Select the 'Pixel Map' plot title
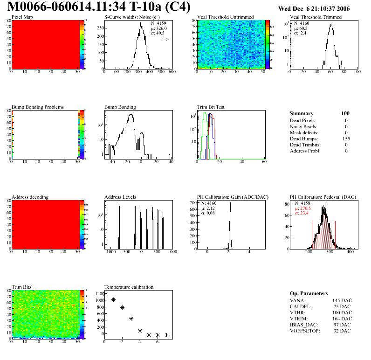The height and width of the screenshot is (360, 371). click(x=22, y=17)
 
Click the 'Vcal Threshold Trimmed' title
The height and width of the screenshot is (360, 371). click(x=316, y=17)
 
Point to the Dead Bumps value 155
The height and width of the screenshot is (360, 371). click(x=346, y=138)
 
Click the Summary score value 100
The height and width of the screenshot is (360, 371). click(x=345, y=113)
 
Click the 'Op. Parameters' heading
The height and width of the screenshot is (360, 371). click(x=309, y=293)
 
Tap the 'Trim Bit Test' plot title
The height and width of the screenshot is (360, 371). click(x=211, y=107)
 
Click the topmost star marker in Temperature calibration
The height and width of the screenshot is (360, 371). click(x=104, y=294)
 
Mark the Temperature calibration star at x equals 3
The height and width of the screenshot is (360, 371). click(x=131, y=319)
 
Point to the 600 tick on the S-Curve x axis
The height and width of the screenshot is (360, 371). click(x=171, y=72)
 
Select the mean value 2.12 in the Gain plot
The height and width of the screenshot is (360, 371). click(x=213, y=208)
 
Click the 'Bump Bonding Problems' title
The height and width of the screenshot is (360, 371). click(x=38, y=107)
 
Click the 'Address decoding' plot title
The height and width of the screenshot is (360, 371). click(x=30, y=197)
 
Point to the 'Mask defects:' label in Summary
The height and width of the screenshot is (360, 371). click(x=304, y=132)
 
